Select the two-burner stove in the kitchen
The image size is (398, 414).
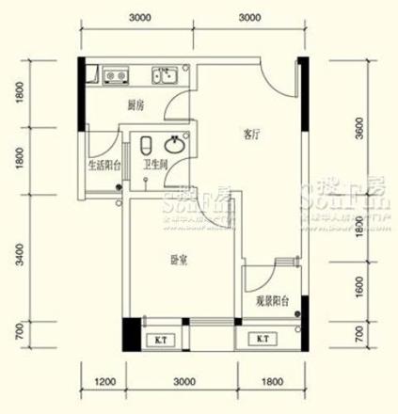[117, 75]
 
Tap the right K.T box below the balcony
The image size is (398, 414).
[261, 339]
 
